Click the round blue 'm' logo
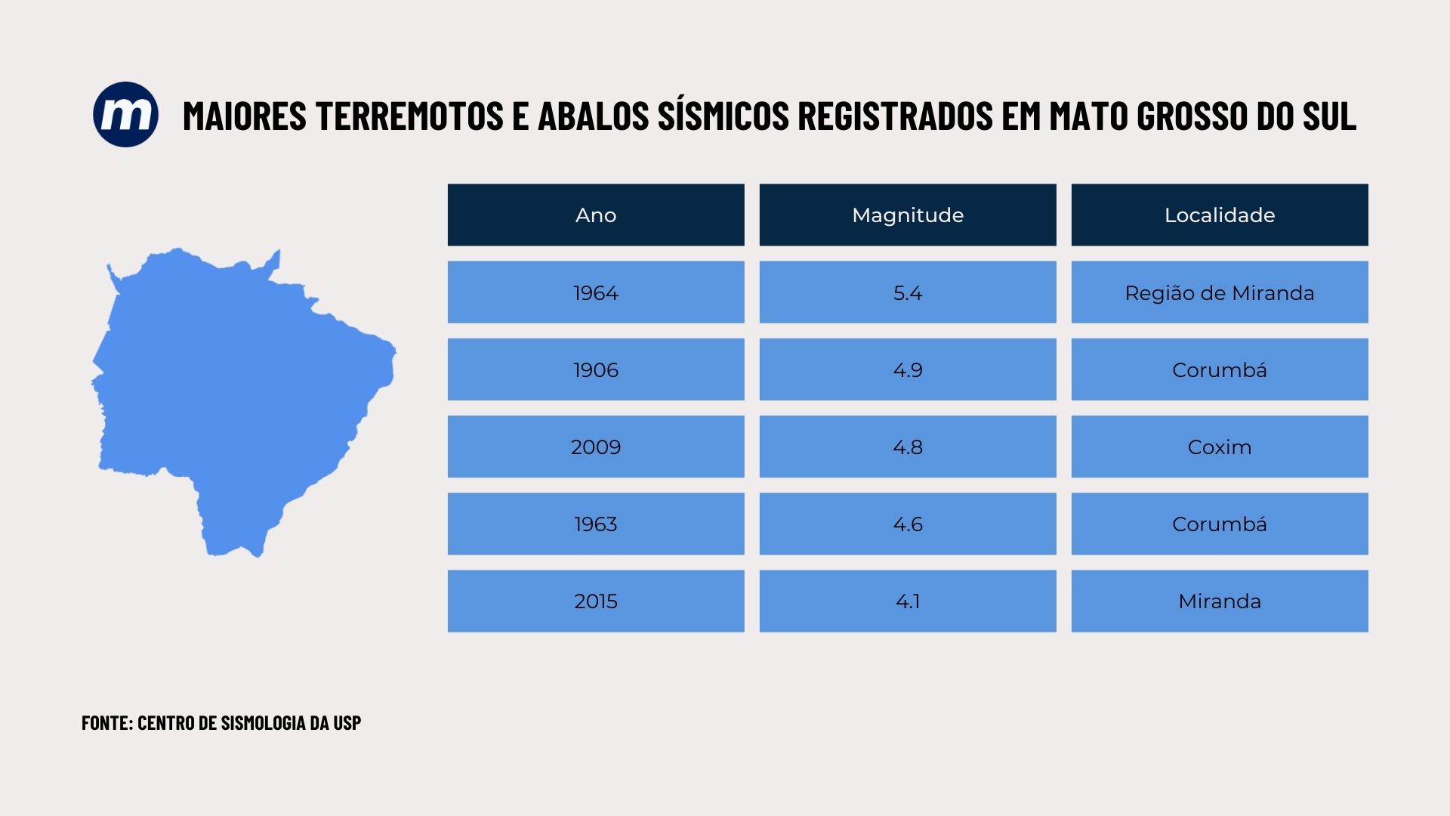click(x=125, y=114)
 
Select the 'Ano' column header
click(x=596, y=215)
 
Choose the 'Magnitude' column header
click(x=908, y=215)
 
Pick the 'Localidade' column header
click(x=1220, y=215)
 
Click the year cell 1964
click(x=596, y=292)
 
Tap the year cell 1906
click(x=596, y=369)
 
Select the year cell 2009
click(x=596, y=447)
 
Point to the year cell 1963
click(x=596, y=524)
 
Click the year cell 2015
click(x=596, y=601)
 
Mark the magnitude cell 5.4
click(x=908, y=292)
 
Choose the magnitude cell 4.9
click(x=908, y=369)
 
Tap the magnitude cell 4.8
click(x=908, y=447)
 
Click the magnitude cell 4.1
click(x=908, y=601)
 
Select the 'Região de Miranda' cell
click(x=1220, y=292)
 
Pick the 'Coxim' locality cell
click(x=1220, y=447)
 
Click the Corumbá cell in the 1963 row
click(x=1220, y=524)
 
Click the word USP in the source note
click(x=347, y=722)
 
